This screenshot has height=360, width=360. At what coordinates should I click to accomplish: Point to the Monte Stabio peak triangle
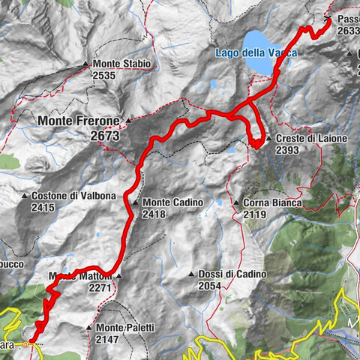pos(87,64)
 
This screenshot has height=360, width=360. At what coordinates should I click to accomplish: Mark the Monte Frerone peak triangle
pos(128,121)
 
